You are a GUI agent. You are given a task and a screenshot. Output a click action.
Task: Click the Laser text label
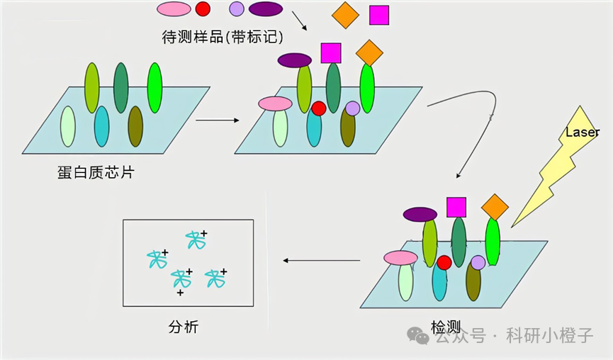coord(582,132)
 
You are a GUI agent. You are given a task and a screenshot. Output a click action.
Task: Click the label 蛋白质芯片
coord(96,172)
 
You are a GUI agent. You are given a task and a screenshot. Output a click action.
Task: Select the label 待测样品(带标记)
coord(223,37)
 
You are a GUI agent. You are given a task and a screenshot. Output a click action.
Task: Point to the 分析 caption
coord(184,327)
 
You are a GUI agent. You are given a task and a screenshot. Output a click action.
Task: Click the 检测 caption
coord(446,327)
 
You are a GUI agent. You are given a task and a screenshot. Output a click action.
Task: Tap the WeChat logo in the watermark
coord(418,335)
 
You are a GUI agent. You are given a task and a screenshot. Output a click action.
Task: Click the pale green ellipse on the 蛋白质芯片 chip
coord(67,126)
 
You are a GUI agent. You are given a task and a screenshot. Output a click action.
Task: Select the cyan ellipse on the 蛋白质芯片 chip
coord(101,126)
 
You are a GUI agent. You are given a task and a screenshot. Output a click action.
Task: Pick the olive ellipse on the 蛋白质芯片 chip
coord(135,126)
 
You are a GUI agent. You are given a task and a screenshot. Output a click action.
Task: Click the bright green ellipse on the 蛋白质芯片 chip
coord(154,88)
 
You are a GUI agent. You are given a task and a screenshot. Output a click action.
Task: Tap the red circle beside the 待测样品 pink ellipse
coord(203,9)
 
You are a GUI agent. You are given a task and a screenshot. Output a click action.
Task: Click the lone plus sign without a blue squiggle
coord(180,293)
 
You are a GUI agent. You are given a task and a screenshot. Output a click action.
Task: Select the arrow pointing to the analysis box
coord(321,260)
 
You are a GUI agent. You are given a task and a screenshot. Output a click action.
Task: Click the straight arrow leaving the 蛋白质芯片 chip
coord(218,120)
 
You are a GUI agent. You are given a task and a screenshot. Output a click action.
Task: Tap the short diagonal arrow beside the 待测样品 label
coord(299,21)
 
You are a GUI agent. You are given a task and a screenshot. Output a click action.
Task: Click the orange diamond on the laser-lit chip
coord(495,207)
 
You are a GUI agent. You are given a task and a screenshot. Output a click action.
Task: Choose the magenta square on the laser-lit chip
coord(456,207)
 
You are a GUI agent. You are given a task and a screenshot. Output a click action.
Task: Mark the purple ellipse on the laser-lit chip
coord(420,215)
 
